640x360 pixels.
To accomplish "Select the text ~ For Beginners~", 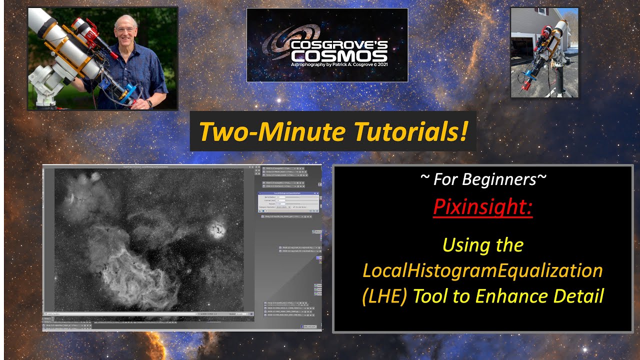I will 482,179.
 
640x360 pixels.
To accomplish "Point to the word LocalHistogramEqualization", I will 482,270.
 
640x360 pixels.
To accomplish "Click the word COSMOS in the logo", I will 339,55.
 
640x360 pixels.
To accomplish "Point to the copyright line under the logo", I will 339,64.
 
